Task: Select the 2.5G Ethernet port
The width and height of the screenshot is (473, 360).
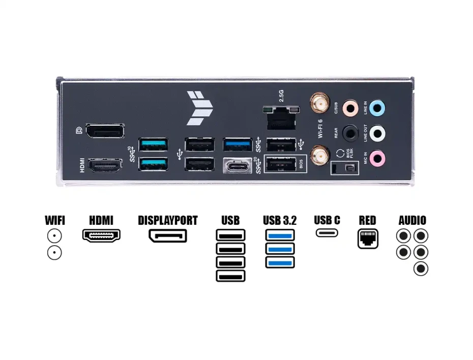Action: [x=281, y=119]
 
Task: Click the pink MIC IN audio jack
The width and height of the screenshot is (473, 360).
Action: [x=377, y=158]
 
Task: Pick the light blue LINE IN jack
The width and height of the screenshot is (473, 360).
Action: [x=377, y=108]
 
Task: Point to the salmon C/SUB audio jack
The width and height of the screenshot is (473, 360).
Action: [x=350, y=108]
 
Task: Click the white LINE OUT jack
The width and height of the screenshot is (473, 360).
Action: [x=377, y=133]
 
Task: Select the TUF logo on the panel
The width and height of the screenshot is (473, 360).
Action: [x=199, y=108]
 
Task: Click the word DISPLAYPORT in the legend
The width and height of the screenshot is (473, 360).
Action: [x=168, y=221]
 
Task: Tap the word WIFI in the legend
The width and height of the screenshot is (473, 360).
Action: [x=55, y=221]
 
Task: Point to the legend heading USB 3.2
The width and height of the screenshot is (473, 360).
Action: [x=280, y=221]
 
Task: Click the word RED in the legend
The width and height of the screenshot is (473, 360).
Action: [x=367, y=221]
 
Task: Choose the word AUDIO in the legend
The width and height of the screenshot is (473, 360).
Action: [x=412, y=221]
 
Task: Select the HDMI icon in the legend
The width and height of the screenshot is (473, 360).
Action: [x=101, y=236]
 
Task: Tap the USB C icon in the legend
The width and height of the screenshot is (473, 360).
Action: [x=327, y=233]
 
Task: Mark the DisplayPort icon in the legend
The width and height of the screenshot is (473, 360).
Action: [x=168, y=236]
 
